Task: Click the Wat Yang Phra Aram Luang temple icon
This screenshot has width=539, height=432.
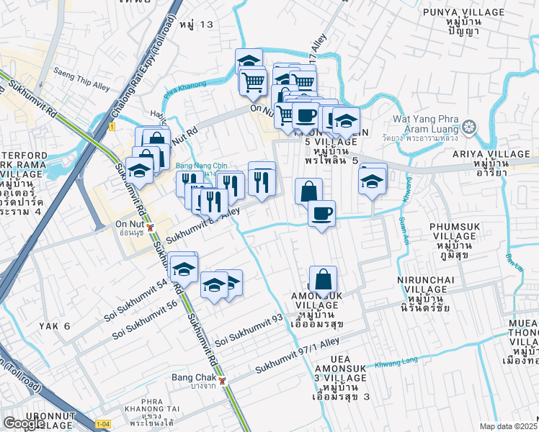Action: click(x=470, y=128)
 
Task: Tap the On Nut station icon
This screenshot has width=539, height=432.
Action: click(x=150, y=228)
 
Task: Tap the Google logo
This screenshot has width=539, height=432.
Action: click(x=24, y=423)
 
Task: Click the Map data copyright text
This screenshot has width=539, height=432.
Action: click(x=509, y=426)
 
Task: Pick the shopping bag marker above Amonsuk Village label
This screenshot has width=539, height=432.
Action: click(x=324, y=279)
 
